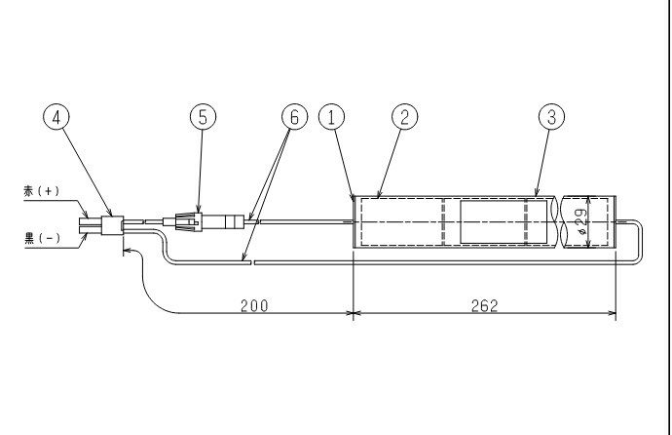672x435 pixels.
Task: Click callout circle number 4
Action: click(x=56, y=117)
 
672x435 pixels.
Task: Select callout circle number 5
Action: click(x=204, y=117)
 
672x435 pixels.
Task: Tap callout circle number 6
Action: click(x=295, y=117)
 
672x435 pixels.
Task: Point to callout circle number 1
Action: click(x=332, y=117)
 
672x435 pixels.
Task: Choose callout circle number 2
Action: click(x=405, y=117)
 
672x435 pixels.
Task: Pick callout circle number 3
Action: click(x=551, y=117)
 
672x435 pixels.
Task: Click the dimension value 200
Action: click(x=254, y=306)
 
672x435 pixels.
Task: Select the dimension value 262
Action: click(x=485, y=306)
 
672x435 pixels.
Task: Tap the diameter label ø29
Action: click(x=581, y=221)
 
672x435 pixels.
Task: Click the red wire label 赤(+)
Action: click(x=42, y=191)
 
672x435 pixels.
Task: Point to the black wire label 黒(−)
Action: click(x=42, y=238)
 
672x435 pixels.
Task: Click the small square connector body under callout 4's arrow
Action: click(x=112, y=225)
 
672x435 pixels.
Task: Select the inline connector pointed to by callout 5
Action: click(x=189, y=221)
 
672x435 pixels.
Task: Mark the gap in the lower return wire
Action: click(x=252, y=262)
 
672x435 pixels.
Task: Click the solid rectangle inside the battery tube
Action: click(x=504, y=221)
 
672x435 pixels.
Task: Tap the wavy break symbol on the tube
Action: click(x=558, y=221)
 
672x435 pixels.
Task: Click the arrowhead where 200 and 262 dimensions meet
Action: click(x=354, y=313)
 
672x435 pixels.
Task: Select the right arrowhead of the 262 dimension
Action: click(x=612, y=313)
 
